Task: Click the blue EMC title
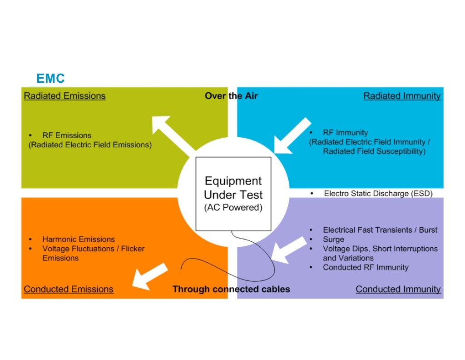coord(50,79)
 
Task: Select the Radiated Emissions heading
coord(64,96)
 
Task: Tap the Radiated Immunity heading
coord(402,96)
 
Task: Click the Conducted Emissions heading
coord(69,289)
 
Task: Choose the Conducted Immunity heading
coord(398,289)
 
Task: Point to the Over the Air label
coord(231,96)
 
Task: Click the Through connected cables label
coord(231,289)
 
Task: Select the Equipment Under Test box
coord(233,193)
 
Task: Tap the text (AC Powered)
coord(233,208)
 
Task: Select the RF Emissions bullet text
coord(67,135)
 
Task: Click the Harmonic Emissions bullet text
coord(79,239)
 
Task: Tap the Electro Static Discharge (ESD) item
coord(378,194)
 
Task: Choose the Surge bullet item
coord(333,240)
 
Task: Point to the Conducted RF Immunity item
coord(366,267)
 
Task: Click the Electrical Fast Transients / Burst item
coord(380,230)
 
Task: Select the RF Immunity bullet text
coord(345,133)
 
